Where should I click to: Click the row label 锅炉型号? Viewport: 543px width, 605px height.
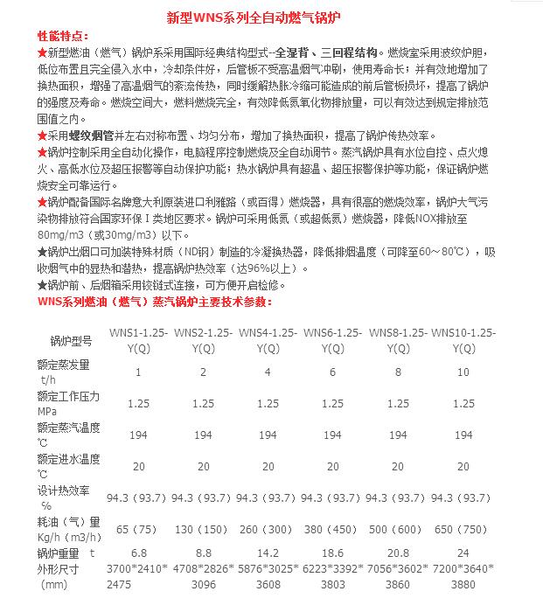pyautogui.click(x=70, y=341)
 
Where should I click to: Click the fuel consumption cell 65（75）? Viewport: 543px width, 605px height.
pyautogui.click(x=137, y=529)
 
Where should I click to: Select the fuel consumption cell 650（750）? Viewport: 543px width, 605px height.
pyautogui.click(x=463, y=529)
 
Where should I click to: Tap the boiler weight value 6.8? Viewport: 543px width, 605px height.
pyautogui.click(x=137, y=553)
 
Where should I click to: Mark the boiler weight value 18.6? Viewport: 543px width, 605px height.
pyautogui.click(x=332, y=553)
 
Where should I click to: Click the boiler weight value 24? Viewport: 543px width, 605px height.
pyautogui.click(x=463, y=553)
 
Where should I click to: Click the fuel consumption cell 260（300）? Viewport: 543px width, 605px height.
pyautogui.click(x=268, y=529)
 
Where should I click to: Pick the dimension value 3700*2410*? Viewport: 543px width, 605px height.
pyautogui.click(x=137, y=569)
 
